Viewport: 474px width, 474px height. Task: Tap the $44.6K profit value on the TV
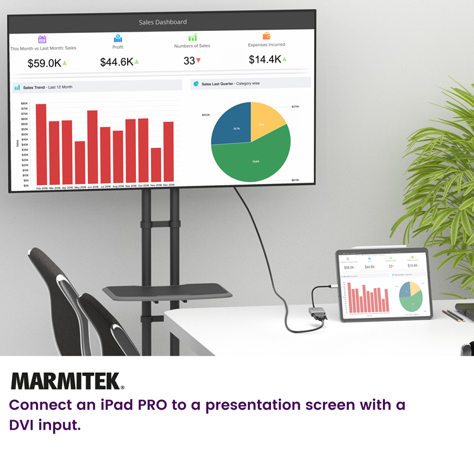pos(116,62)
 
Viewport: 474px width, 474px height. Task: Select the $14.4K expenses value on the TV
pos(264,59)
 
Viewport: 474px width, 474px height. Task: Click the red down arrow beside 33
pos(198,61)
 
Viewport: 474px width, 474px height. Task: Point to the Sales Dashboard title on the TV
pos(162,22)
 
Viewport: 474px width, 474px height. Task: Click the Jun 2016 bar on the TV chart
pos(92,146)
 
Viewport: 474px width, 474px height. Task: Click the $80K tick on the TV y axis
pos(25,104)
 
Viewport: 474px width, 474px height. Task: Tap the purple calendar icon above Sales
pos(42,39)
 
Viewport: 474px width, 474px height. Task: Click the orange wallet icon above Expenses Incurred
pos(266,36)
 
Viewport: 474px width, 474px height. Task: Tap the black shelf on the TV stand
pos(167,293)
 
